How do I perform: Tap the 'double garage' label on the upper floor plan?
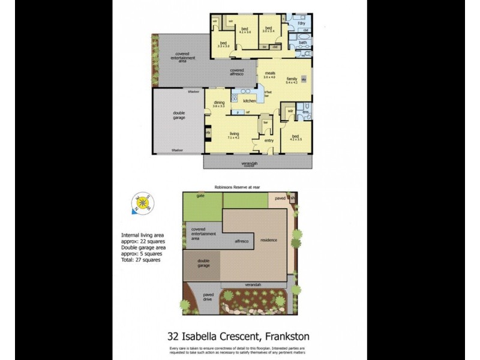point(179,116)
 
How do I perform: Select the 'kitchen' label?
point(250,101)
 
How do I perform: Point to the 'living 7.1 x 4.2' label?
point(233,136)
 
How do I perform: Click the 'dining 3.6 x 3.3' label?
point(218,104)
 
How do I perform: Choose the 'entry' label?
point(269,140)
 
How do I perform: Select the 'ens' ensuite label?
point(305,113)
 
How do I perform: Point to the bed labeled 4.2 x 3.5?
point(296,137)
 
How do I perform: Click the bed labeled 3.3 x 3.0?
point(223,44)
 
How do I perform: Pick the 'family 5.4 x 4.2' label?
point(292,80)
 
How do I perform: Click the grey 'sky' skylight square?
point(304,79)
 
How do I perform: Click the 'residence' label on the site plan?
point(269,241)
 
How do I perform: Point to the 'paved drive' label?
point(208,296)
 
